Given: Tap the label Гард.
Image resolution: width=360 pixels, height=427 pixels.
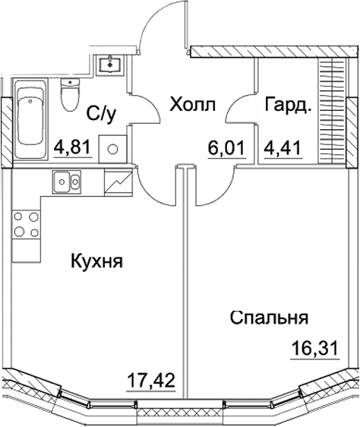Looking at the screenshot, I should click(288, 105).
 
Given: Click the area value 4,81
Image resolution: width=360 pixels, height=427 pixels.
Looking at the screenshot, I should click(75, 144).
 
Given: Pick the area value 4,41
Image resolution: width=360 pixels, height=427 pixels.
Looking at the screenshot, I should click(282, 144).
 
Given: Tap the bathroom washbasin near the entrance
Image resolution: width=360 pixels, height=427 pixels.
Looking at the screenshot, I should click(113, 62).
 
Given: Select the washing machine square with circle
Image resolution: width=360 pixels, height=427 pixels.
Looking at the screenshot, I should click(113, 149).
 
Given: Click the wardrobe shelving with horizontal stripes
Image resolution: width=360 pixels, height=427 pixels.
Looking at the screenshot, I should click(329, 106).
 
